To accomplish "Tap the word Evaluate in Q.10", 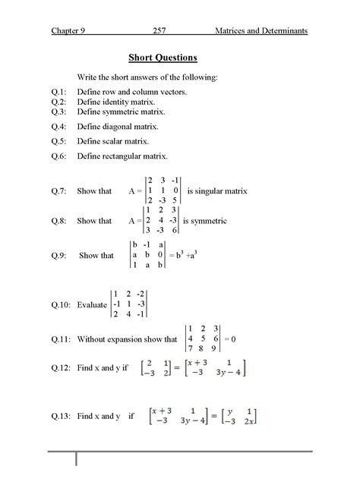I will [92, 304].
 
